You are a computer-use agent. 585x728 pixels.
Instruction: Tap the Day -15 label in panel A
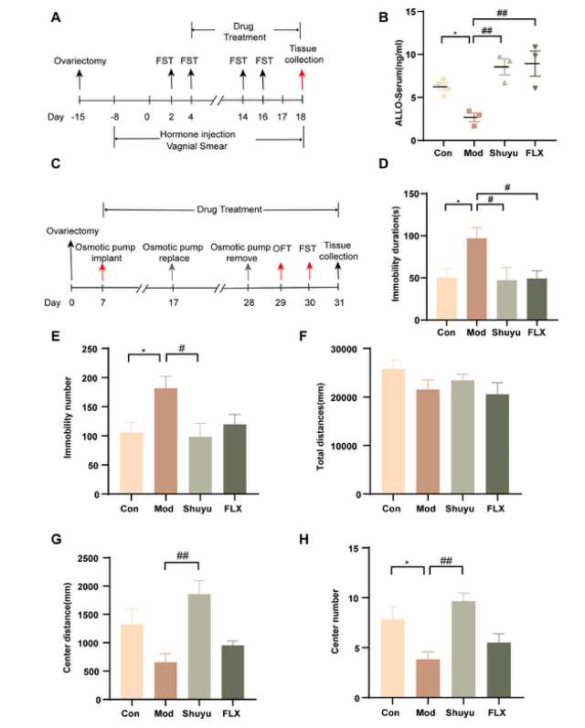pyautogui.click(x=80, y=117)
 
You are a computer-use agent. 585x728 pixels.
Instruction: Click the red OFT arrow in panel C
pyautogui.click(x=282, y=269)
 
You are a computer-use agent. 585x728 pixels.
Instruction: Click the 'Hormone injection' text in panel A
pyautogui.click(x=193, y=134)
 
